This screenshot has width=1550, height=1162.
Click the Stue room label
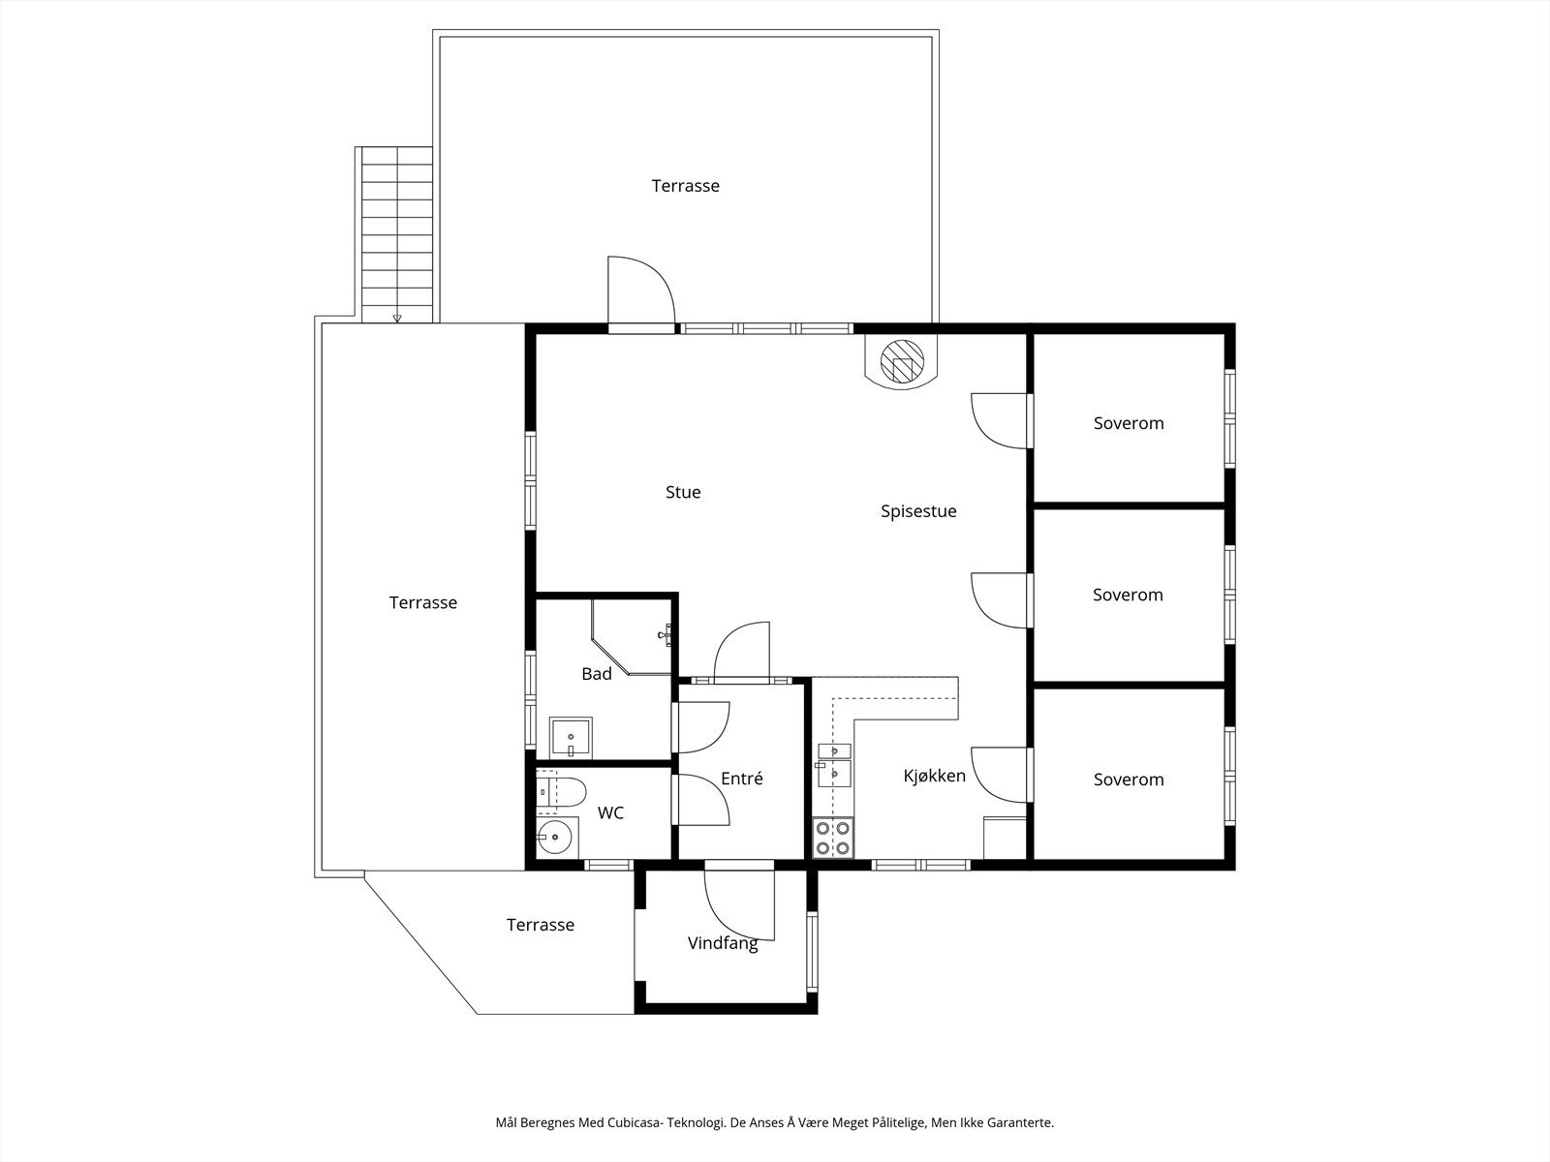[683, 492]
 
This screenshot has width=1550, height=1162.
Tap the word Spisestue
[918, 511]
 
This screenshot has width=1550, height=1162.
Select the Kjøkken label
[934, 776]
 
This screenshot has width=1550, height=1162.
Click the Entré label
[741, 779]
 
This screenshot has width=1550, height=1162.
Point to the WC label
[610, 812]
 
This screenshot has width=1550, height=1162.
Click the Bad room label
[596, 674]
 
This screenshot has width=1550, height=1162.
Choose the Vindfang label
[723, 943]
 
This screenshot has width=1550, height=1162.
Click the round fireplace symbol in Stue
[902, 361]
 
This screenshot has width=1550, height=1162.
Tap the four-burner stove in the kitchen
[832, 838]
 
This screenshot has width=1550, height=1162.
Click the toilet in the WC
[561, 792]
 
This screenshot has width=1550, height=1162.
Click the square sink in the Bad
[571, 738]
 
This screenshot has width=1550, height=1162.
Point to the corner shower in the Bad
[631, 636]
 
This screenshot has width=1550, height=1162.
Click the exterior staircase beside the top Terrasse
[397, 234]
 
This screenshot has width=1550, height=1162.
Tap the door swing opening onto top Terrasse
[641, 290]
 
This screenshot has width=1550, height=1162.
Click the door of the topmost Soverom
[1000, 420]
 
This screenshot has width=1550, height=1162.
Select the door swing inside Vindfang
[739, 905]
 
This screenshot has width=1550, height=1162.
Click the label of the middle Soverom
[1128, 595]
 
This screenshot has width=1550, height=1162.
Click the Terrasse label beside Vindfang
[541, 924]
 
